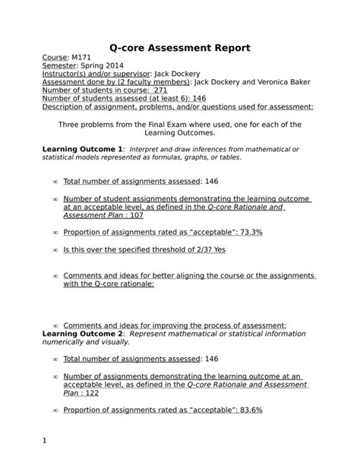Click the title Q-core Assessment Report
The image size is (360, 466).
click(179, 48)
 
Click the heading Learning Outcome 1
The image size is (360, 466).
click(83, 148)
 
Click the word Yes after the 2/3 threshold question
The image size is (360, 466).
click(219, 249)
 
